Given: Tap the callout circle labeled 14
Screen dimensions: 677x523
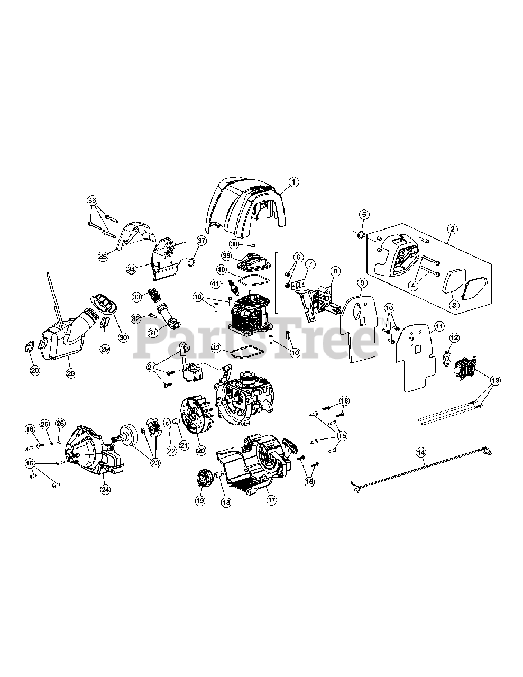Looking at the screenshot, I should click(420, 453).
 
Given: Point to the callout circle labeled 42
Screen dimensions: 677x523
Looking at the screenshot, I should click(216, 347).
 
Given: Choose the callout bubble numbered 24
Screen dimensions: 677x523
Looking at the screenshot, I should click(106, 490).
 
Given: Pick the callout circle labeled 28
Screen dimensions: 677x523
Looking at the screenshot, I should click(71, 373).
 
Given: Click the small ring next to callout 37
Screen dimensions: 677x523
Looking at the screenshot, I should click(192, 262).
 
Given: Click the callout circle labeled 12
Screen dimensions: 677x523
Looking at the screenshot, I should click(455, 337).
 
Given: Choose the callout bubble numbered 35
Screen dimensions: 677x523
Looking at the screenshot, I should click(103, 256).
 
